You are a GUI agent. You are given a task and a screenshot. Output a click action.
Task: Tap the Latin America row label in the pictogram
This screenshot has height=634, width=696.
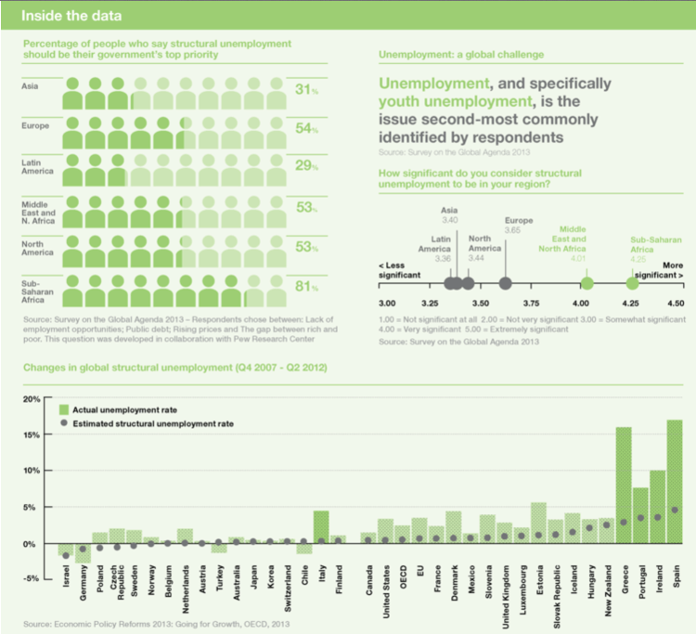(37, 166)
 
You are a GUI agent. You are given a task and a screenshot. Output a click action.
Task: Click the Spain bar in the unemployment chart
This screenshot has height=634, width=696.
(675, 482)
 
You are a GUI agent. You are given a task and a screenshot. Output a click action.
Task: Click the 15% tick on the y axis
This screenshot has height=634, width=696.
(32, 434)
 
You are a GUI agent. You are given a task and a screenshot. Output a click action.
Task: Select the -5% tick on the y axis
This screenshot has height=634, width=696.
(31, 579)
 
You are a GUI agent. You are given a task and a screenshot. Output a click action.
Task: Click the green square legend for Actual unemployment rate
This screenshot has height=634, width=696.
(63, 408)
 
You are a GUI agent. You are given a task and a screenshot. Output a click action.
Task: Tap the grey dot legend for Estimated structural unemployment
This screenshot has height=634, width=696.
(63, 423)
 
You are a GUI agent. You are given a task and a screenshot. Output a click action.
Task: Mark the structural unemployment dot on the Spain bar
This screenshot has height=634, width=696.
(675, 510)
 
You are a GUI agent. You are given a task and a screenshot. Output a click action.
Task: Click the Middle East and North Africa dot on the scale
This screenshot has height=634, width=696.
(586, 284)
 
